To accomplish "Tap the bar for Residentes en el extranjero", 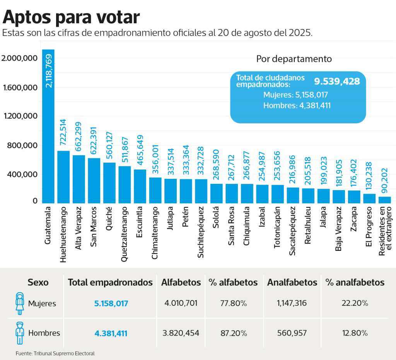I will [384, 200].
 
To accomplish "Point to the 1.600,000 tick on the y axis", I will [20, 87].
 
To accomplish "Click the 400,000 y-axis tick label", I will [22, 174].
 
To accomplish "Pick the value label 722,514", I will [63, 132].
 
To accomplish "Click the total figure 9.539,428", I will [336, 81].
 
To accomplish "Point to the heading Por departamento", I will [294, 59].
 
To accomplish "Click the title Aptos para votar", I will [71, 17].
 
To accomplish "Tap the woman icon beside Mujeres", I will [20, 303].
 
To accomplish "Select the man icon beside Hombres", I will [19, 333].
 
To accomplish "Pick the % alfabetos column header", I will [233, 282].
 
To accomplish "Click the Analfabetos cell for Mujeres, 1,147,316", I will [292, 303].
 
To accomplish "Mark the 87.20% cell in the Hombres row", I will [233, 333].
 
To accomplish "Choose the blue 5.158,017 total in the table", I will [111, 303].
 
